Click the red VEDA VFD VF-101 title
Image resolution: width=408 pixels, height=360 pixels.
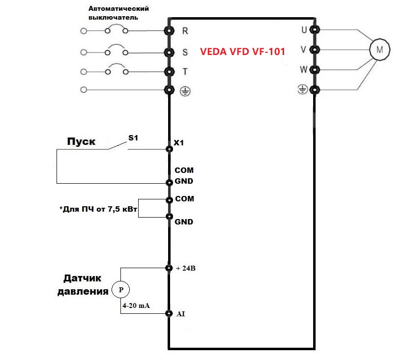242,52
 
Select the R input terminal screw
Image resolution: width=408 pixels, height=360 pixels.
169,30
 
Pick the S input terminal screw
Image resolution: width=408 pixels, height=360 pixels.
169,52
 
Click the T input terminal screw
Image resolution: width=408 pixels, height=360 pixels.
169,72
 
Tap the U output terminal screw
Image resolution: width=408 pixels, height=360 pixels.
315,29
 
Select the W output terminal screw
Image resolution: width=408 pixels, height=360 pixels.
315,70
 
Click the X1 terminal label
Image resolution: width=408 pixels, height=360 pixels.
179,142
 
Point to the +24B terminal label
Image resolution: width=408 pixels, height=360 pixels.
186,268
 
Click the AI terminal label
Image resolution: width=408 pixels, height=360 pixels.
180,314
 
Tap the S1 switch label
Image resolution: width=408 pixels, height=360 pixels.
133,138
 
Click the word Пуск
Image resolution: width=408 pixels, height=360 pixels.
81,141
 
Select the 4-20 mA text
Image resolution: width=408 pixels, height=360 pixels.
136,305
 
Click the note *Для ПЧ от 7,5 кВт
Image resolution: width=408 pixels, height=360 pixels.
98,209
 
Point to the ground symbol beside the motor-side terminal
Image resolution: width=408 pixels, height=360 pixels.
303,89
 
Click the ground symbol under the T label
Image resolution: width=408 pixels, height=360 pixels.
185,91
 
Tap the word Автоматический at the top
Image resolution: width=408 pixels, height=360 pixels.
118,8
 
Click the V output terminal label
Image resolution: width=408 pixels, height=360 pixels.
303,50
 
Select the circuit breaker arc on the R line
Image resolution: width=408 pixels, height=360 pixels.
117,25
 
